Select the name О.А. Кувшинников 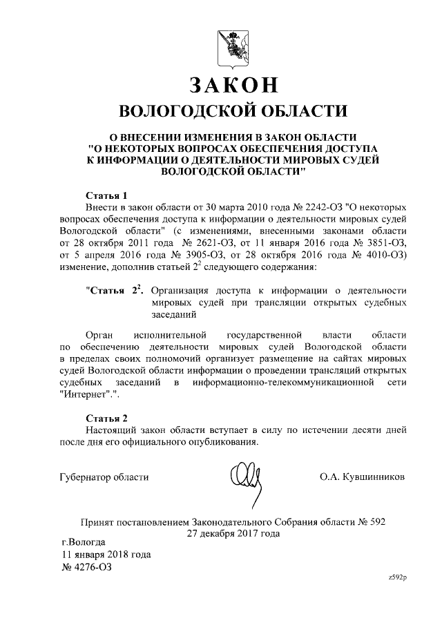[x=363, y=477]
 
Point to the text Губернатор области [x=104, y=477]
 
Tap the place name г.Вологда [x=83, y=542]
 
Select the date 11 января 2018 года [x=106, y=555]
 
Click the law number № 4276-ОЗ [x=86, y=567]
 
